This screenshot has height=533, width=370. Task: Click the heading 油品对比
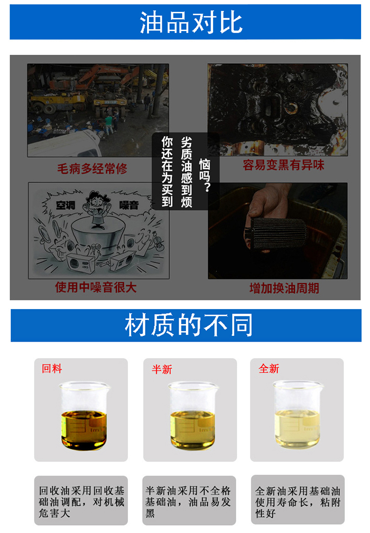[191, 23]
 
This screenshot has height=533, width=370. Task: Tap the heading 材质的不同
[189, 325]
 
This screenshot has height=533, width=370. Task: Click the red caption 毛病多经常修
[92, 168]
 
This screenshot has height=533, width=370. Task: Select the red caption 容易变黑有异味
[283, 165]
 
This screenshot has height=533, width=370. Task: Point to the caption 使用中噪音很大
[96, 287]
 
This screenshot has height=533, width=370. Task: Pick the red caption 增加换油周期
[284, 288]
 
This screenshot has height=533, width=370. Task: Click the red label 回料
[52, 368]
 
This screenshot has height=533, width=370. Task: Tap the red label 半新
[162, 369]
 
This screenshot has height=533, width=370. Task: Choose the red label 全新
[269, 368]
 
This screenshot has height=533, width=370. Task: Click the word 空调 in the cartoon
[66, 205]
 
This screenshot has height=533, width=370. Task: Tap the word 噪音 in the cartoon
[129, 205]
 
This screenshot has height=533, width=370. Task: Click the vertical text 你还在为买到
[167, 172]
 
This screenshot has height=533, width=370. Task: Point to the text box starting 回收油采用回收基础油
[81, 500]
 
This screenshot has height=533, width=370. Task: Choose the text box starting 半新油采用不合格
[189, 500]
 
